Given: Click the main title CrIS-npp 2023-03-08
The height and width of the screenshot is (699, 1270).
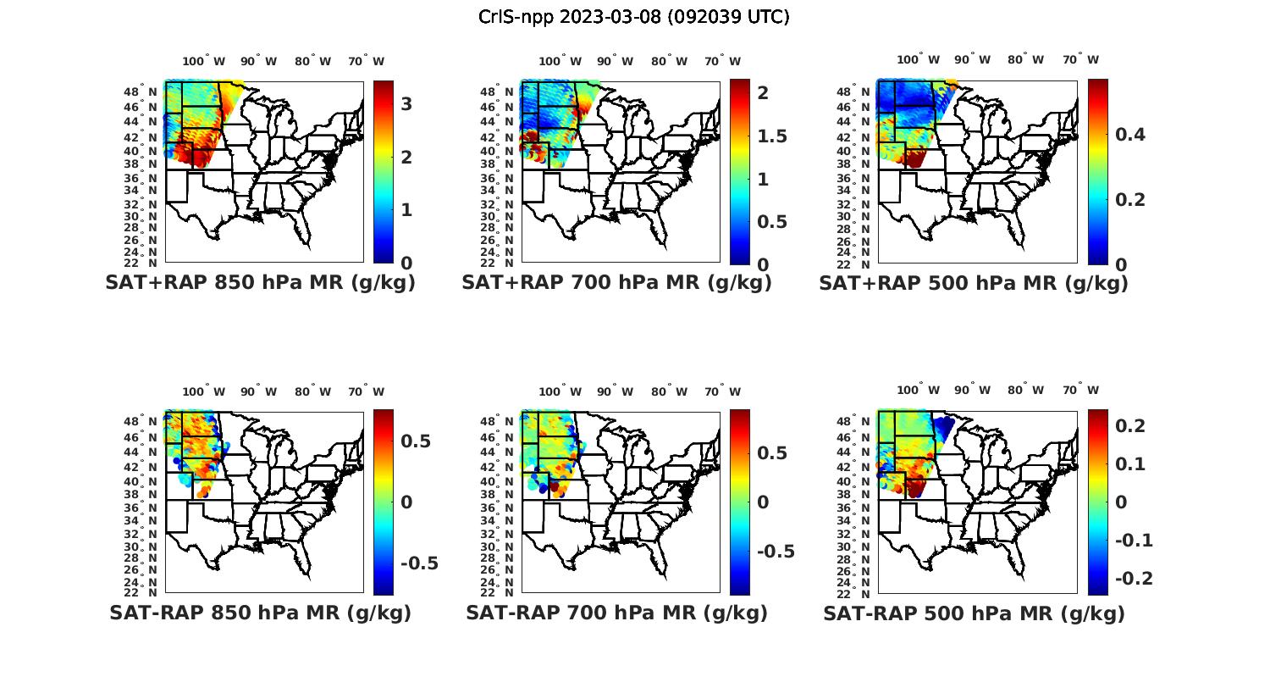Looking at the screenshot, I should pyautogui.click(x=633, y=17).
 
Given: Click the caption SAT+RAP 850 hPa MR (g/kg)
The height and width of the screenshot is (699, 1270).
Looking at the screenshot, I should pyautogui.click(x=260, y=283).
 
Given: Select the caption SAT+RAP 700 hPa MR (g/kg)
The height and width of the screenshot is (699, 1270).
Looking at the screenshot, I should pyautogui.click(x=616, y=283).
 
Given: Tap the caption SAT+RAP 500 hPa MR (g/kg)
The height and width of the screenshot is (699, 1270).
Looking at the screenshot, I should pyautogui.click(x=974, y=283).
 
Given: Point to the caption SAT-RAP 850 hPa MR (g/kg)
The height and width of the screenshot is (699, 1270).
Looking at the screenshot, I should pyautogui.click(x=260, y=613).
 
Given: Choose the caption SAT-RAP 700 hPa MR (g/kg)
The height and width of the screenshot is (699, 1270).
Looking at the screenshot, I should pyautogui.click(x=616, y=613).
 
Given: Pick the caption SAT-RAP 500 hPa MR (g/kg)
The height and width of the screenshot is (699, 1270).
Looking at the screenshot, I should pyautogui.click(x=974, y=613).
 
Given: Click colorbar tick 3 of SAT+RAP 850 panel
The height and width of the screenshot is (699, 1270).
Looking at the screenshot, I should pyautogui.click(x=406, y=104).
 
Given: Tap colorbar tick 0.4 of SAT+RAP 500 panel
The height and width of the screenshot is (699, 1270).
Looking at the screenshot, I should pyautogui.click(x=1129, y=135).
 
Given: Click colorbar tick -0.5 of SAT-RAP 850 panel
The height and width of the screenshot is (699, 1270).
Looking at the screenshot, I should pyautogui.click(x=419, y=563).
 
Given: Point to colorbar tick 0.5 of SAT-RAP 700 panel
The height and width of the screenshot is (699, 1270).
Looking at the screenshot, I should pyautogui.click(x=771, y=453).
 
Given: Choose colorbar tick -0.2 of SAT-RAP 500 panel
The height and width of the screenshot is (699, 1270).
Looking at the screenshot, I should pyautogui.click(x=1134, y=579).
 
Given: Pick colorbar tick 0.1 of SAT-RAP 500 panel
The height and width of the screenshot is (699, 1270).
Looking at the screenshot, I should pyautogui.click(x=1130, y=464).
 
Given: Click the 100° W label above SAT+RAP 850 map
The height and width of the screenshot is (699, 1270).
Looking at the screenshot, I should pyautogui.click(x=204, y=61).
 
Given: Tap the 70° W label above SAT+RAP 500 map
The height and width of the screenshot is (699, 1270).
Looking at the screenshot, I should pyautogui.click(x=1080, y=59).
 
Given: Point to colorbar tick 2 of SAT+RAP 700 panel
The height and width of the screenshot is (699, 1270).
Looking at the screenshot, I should pyautogui.click(x=763, y=93).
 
